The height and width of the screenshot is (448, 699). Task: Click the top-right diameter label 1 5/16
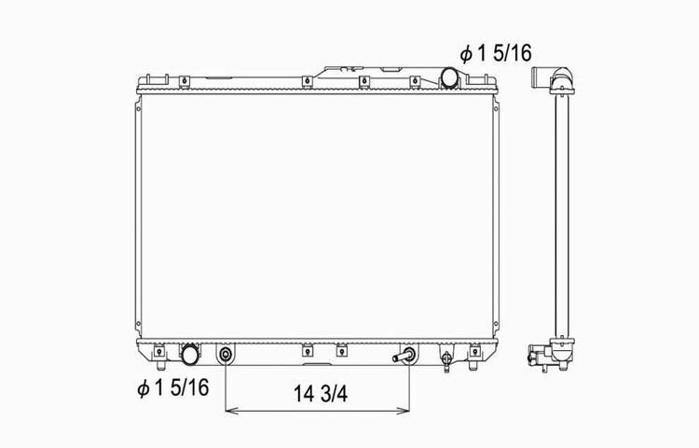click(x=496, y=53)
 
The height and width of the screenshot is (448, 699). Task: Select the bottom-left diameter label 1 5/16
click(x=173, y=387)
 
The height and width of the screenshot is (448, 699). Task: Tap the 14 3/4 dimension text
click(x=320, y=394)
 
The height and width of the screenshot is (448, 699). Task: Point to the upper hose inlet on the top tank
click(x=449, y=77)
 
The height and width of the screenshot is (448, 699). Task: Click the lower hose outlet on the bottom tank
click(x=190, y=355)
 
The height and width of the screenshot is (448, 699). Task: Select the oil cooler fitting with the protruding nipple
click(x=404, y=356)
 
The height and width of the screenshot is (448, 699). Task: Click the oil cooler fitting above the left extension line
click(x=226, y=356)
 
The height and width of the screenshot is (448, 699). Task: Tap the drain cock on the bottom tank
click(x=446, y=359)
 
